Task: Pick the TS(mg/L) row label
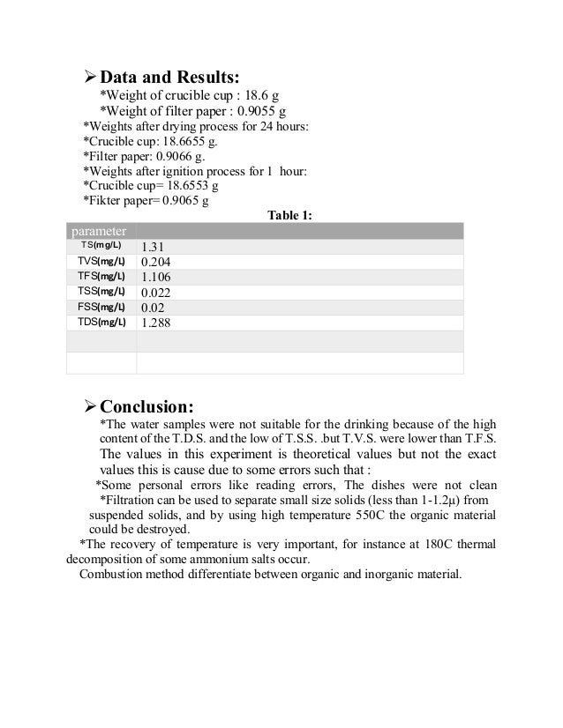[x=101, y=245]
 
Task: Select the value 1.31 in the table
[x=154, y=247]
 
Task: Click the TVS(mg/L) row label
[x=101, y=261]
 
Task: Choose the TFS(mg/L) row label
[x=101, y=276]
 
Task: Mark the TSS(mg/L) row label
[x=101, y=291]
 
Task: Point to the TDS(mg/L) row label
[x=101, y=322]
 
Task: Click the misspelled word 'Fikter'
[x=102, y=201]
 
